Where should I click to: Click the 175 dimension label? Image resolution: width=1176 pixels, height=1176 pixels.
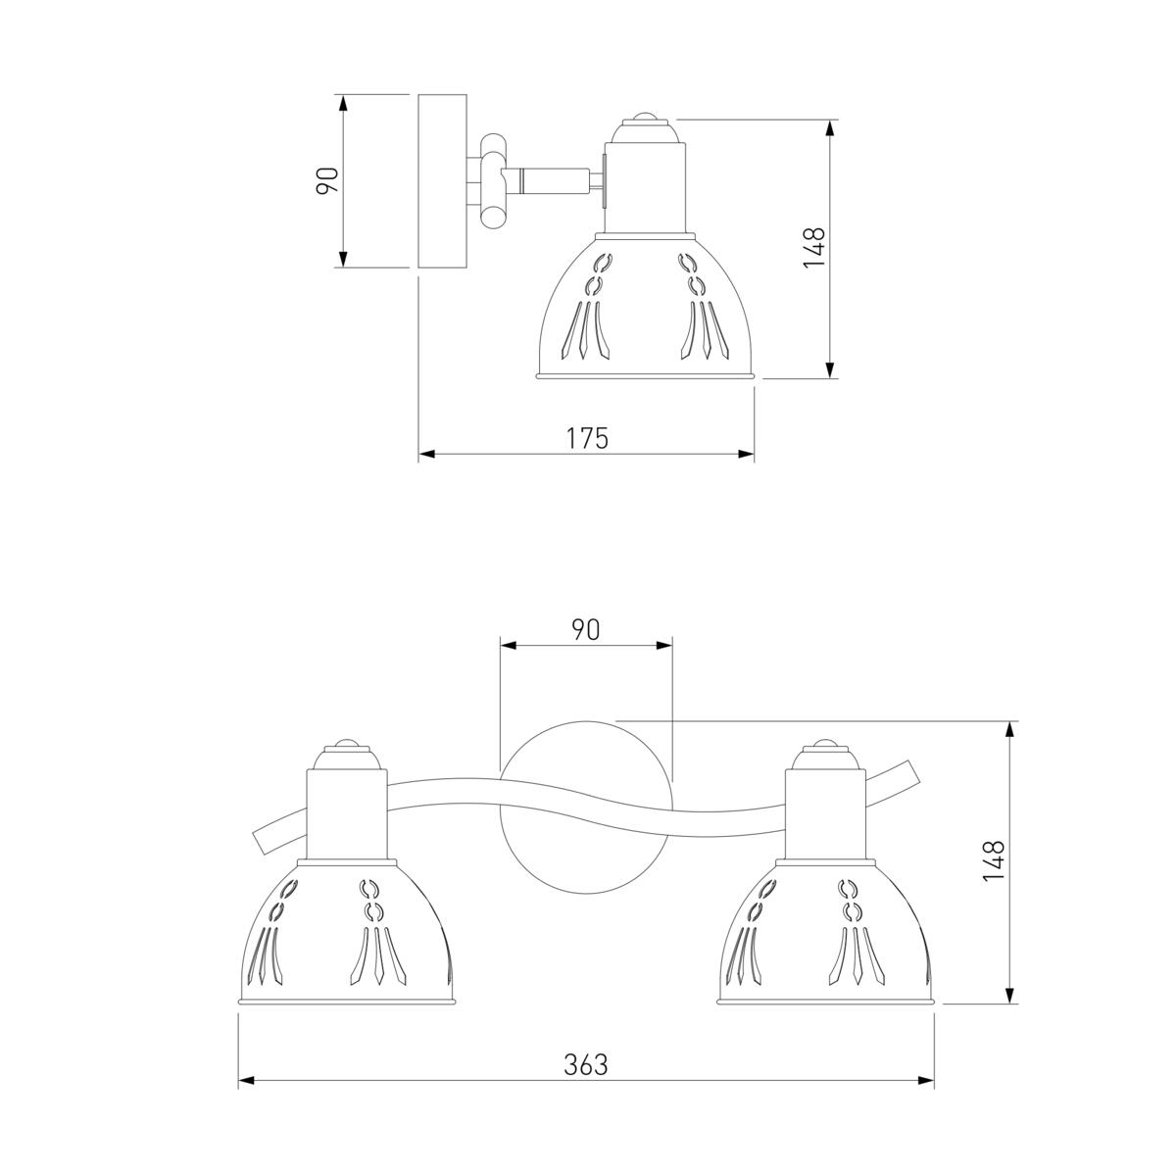pos(587,438)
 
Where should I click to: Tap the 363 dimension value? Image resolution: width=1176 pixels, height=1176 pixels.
pos(586,1065)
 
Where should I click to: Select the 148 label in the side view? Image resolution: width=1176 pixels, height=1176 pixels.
pos(813,248)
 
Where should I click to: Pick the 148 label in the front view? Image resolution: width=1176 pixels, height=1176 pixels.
pos(994,860)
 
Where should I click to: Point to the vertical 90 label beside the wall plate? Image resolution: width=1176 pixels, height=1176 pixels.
pos(327,180)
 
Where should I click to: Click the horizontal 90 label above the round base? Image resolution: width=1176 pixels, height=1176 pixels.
pos(586,630)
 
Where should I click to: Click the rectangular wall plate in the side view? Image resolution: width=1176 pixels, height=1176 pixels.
pos(442,181)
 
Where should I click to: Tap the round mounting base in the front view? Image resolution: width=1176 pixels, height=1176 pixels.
pos(586,808)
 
